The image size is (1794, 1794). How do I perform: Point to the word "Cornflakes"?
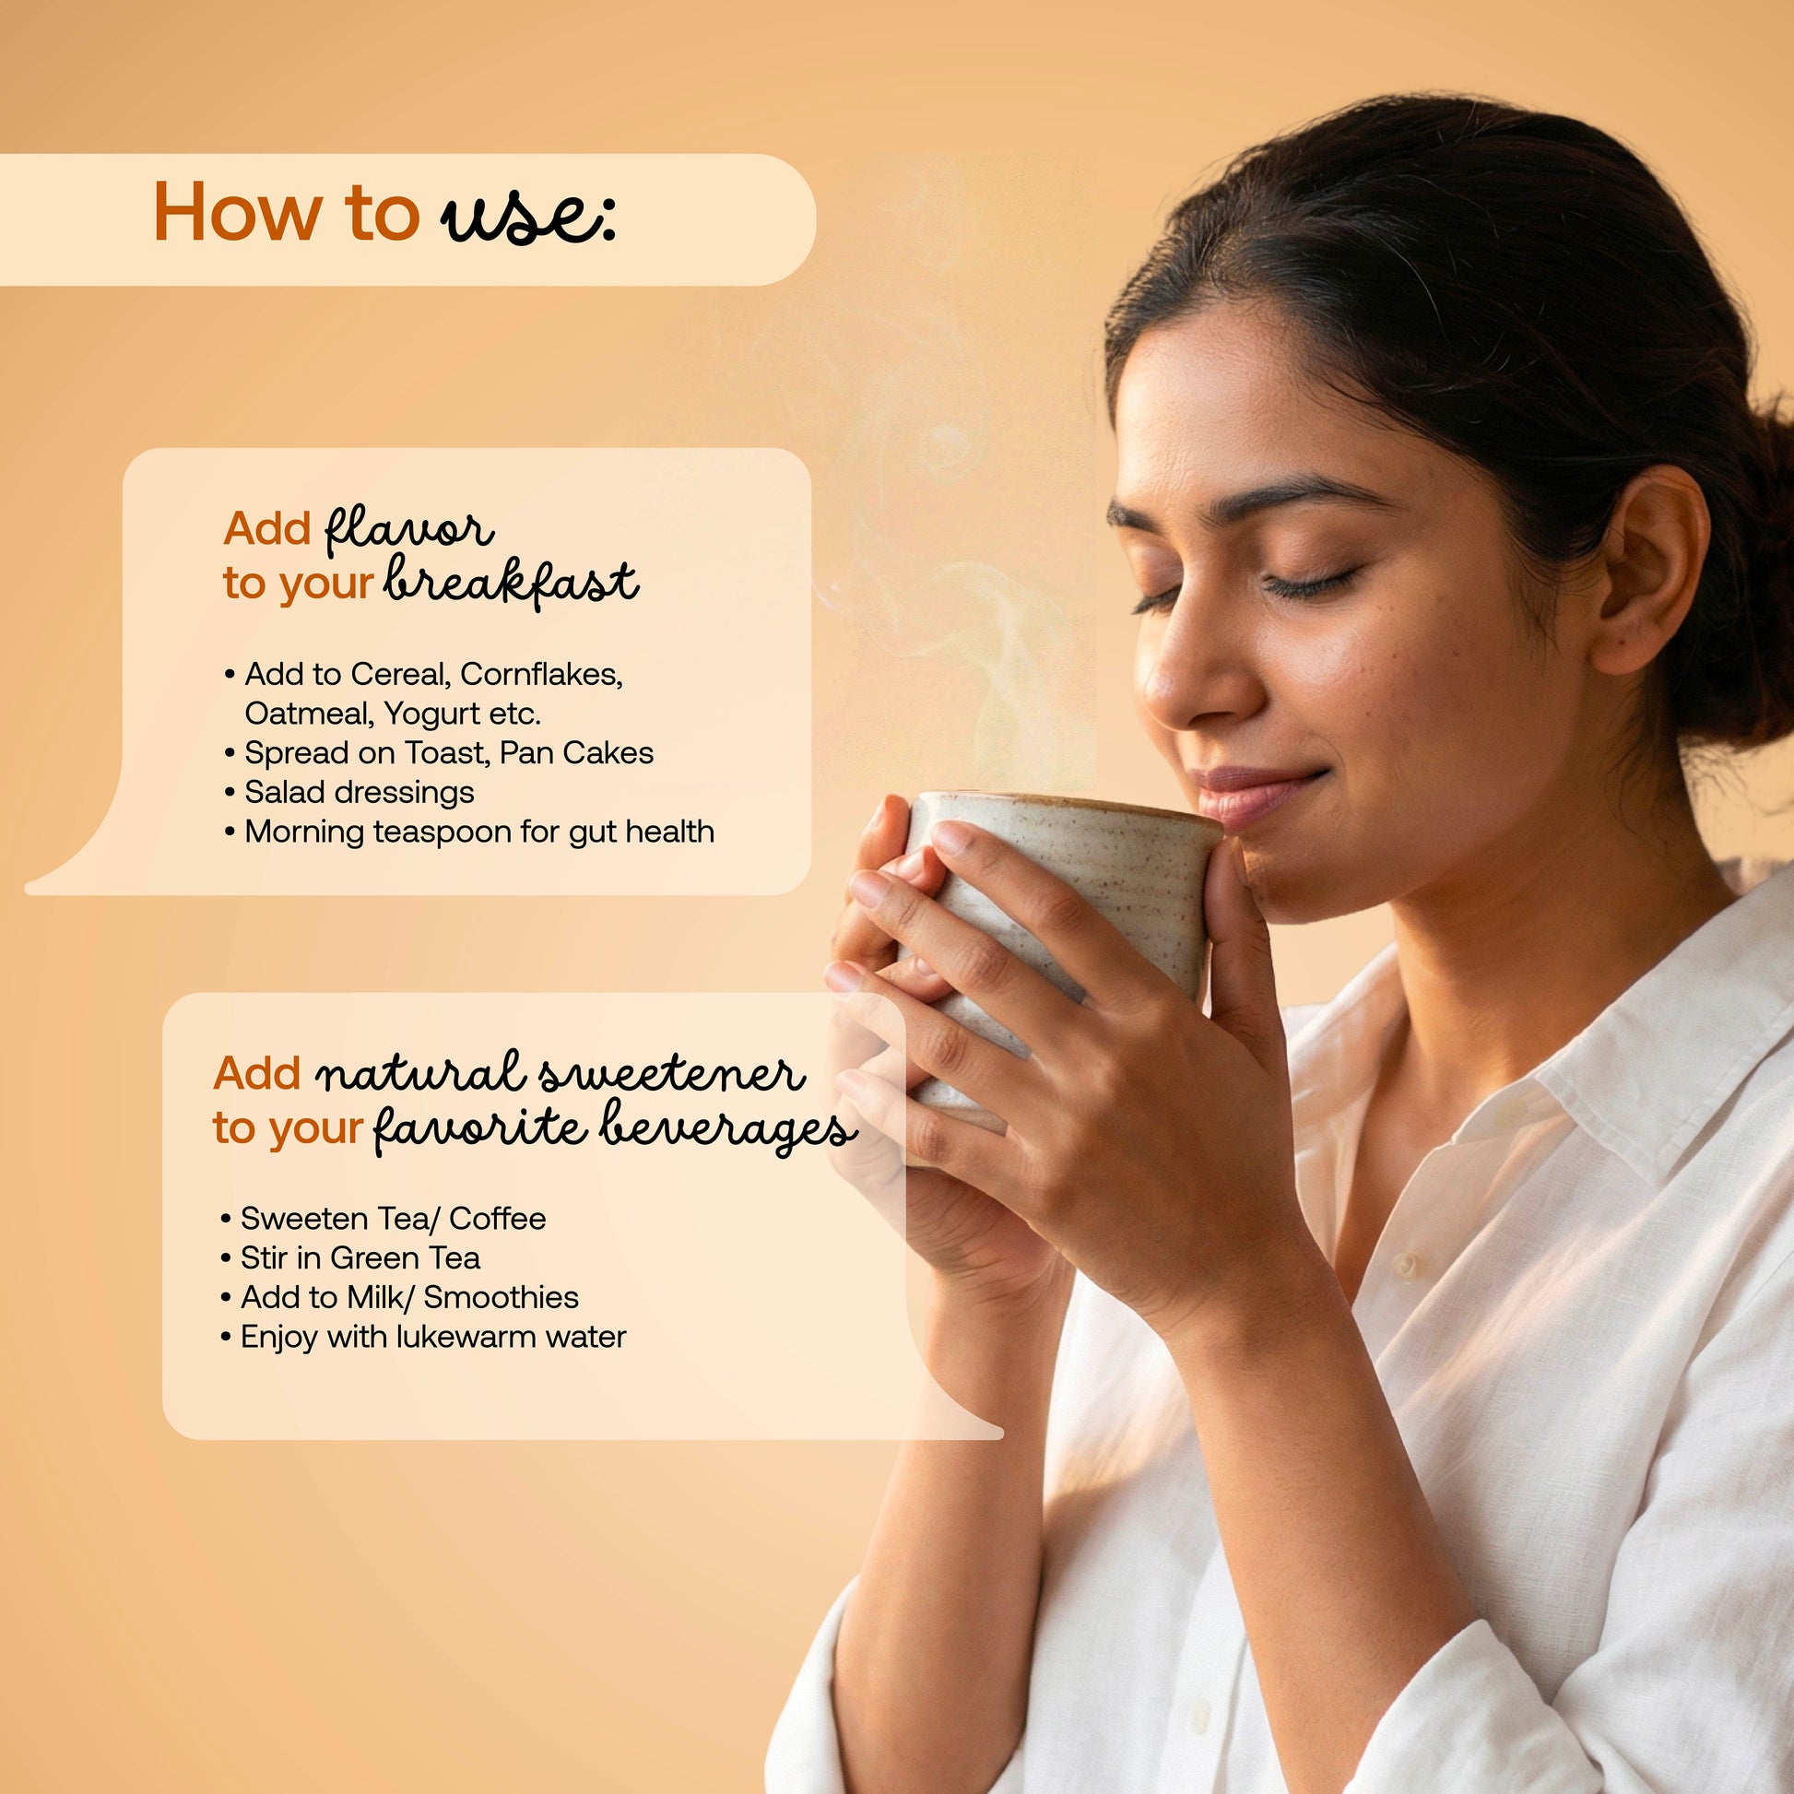pos(540,674)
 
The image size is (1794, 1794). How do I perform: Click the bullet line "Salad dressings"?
pos(350,792)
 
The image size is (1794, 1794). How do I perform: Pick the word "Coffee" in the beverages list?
pos(498,1219)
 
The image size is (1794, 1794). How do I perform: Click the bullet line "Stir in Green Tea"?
pos(351,1258)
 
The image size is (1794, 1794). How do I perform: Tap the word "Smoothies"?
pos(502,1297)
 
